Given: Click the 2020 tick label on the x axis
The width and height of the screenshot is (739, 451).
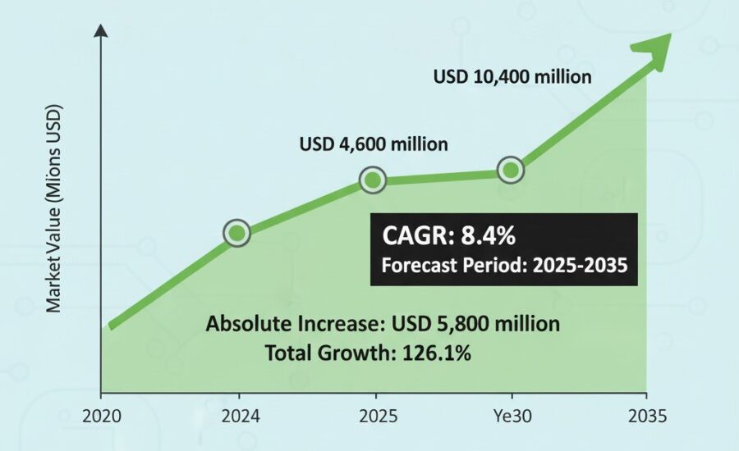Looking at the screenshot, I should click(102, 415).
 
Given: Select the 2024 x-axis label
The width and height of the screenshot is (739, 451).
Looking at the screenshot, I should click(239, 415).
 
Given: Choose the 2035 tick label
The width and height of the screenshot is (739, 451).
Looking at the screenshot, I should click(646, 415).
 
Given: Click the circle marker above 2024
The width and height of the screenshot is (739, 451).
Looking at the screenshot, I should click(237, 234).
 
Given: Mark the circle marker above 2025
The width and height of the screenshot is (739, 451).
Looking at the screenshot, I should click(373, 180).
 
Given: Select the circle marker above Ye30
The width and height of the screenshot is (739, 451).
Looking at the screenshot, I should click(511, 170).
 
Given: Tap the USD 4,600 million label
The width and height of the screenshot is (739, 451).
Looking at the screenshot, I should click(374, 144).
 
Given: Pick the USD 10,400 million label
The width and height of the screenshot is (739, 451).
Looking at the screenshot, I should click(512, 77).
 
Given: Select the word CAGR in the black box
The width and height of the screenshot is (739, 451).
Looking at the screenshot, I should click(416, 237).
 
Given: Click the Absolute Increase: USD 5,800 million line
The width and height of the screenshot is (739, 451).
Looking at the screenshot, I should click(383, 324).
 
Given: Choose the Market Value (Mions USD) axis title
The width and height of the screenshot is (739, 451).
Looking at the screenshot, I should click(54, 208).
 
